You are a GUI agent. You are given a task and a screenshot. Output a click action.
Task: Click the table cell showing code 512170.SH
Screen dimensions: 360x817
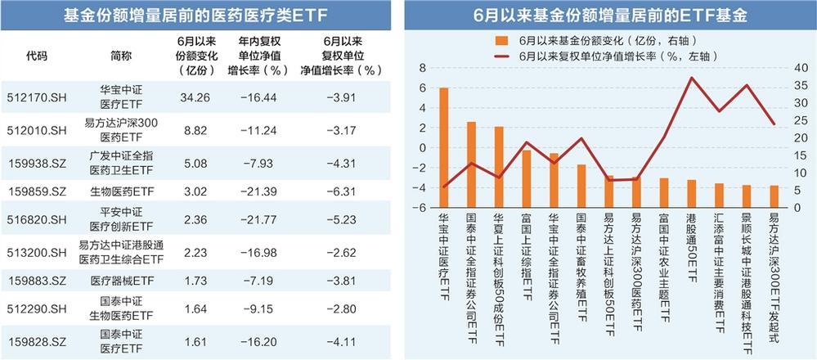[36, 96]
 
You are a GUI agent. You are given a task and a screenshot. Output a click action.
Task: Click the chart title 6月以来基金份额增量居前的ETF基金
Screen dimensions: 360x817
[611, 16]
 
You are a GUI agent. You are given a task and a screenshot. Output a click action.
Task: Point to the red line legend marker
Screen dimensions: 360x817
[501, 56]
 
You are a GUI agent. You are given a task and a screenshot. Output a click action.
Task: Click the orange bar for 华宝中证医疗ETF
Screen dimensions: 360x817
[443, 147]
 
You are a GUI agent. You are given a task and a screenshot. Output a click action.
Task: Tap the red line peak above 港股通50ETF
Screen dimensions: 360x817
[692, 78]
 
